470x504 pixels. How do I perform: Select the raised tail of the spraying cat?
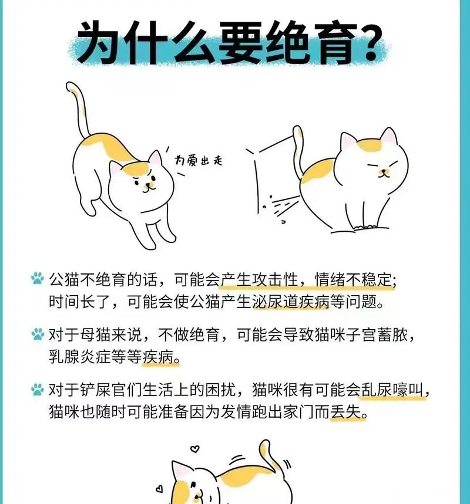click(x=298, y=147)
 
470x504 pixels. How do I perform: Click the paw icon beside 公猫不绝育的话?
click(x=38, y=278)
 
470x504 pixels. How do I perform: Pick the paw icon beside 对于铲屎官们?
click(x=38, y=390)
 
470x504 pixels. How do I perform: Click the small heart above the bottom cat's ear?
click(x=195, y=449)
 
